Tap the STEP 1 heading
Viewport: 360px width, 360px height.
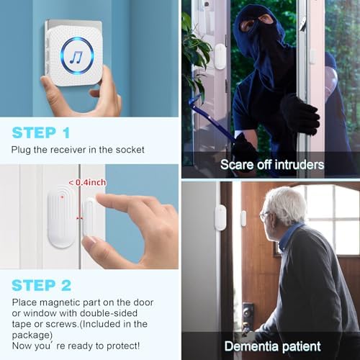pyautogui.click(x=41, y=132)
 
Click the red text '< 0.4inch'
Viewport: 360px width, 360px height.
pyautogui.click(x=86, y=183)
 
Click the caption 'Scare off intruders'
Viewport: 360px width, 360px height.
pyautogui.click(x=272, y=165)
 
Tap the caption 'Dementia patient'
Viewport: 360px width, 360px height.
pyautogui.click(x=272, y=346)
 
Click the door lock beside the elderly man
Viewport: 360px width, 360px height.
pyautogui.click(x=248, y=313)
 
